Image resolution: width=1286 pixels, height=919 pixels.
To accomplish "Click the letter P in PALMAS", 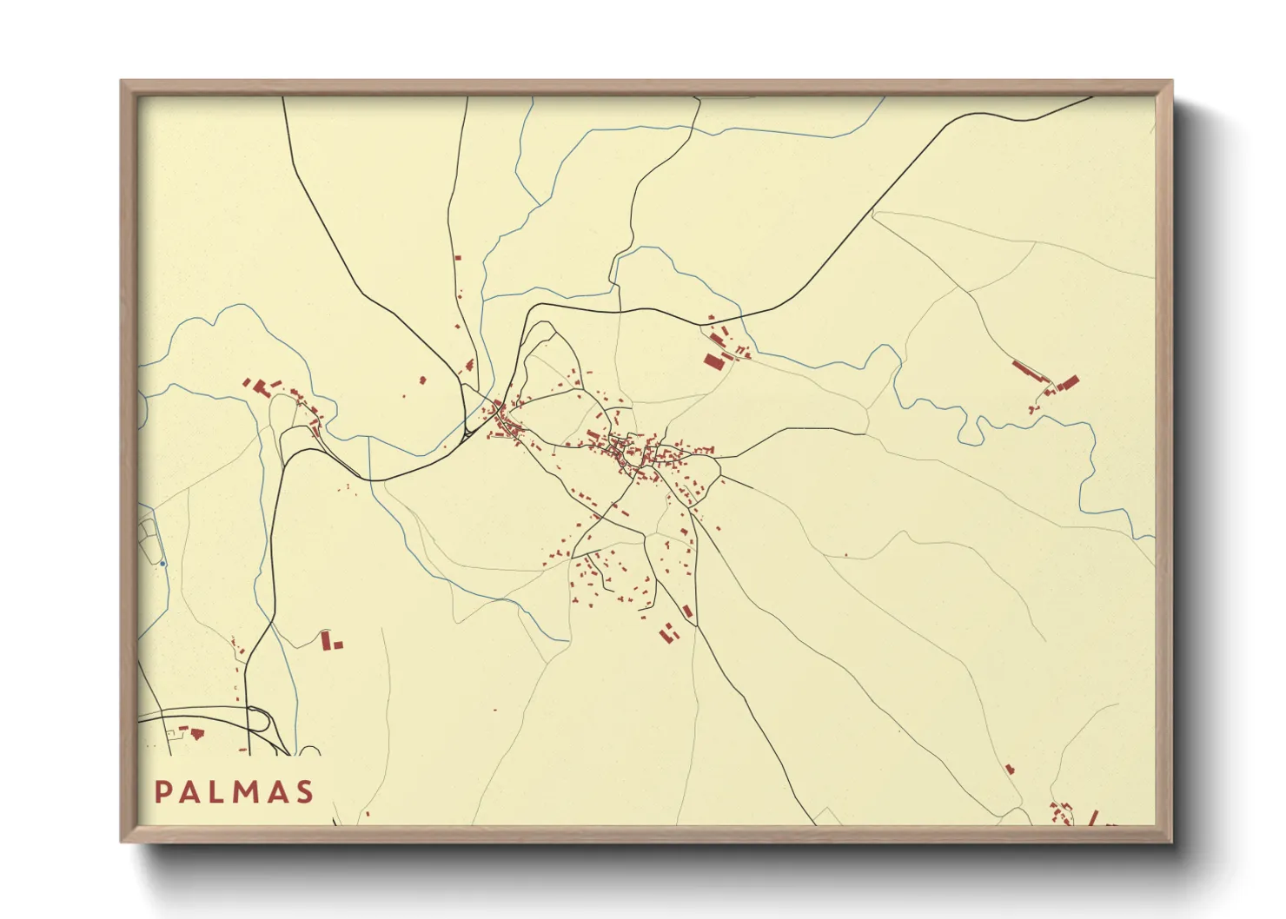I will pos(162,792).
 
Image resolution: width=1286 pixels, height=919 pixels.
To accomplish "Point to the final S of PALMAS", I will pos(304,792).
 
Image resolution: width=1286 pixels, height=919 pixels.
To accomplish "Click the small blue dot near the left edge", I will pos(162,564).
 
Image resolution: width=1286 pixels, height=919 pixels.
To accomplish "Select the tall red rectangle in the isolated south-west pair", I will pos(326,640).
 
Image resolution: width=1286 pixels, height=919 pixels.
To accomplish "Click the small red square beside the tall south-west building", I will pos(338,645).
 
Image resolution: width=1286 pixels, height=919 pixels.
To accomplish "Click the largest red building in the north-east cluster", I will pos(713,360).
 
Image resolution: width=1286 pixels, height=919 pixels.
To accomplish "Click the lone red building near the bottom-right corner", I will pos(1010,769).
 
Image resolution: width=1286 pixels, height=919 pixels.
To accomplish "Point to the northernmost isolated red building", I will pos(457,257).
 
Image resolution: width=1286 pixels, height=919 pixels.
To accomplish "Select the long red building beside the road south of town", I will pos(687,612).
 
